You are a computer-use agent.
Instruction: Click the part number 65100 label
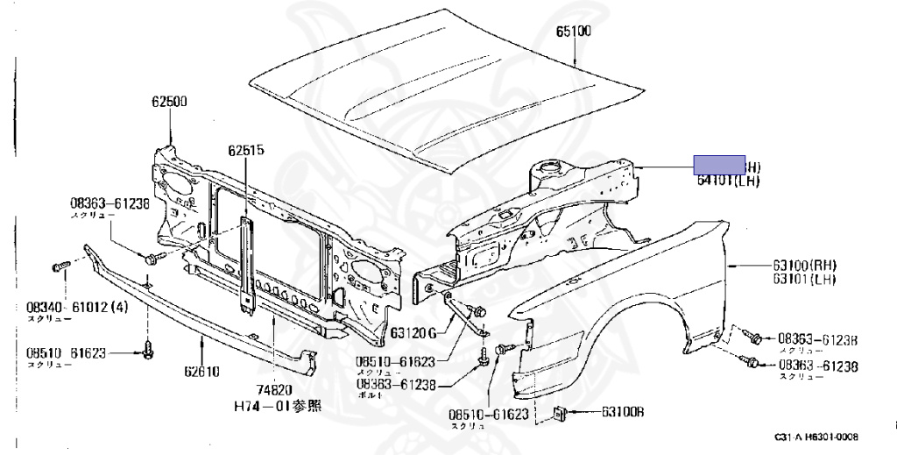pyautogui.click(x=574, y=33)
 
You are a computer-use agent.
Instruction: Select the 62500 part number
pyautogui.click(x=168, y=102)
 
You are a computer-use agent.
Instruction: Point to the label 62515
pyautogui.click(x=246, y=150)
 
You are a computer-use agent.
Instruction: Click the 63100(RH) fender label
pyautogui.click(x=804, y=265)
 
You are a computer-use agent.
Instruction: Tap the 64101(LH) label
pyautogui.click(x=728, y=181)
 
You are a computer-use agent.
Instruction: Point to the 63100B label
pyautogui.click(x=622, y=411)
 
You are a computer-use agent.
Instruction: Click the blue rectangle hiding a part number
pyautogui.click(x=719, y=165)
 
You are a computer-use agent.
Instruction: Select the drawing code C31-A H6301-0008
pyautogui.click(x=816, y=437)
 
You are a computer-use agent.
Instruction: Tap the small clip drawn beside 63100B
pyautogui.click(x=560, y=412)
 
